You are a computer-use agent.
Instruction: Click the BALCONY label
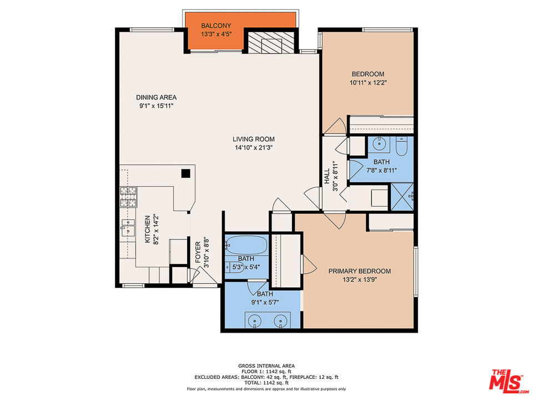(x=216, y=26)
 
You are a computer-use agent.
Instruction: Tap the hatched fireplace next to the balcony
(x=270, y=42)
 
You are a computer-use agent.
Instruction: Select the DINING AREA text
(x=157, y=97)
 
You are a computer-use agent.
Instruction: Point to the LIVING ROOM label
(x=254, y=139)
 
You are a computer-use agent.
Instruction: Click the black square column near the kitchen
(x=185, y=173)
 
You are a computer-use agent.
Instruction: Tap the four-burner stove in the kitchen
(x=128, y=197)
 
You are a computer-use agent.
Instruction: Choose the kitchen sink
(x=128, y=227)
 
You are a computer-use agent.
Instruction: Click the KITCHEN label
(x=148, y=229)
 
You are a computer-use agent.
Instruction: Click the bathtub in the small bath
(x=247, y=245)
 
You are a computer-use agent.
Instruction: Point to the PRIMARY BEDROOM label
(x=360, y=271)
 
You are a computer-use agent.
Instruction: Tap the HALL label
(x=327, y=176)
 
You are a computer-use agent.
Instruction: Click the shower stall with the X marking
(x=402, y=197)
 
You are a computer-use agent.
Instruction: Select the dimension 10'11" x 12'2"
(x=368, y=83)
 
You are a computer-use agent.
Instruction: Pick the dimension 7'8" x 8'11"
(x=382, y=171)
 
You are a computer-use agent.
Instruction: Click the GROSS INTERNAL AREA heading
(x=266, y=366)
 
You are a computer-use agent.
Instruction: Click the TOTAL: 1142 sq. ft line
(x=266, y=383)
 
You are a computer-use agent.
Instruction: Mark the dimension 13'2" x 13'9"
(x=360, y=280)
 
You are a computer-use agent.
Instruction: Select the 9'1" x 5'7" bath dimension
(x=265, y=302)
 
